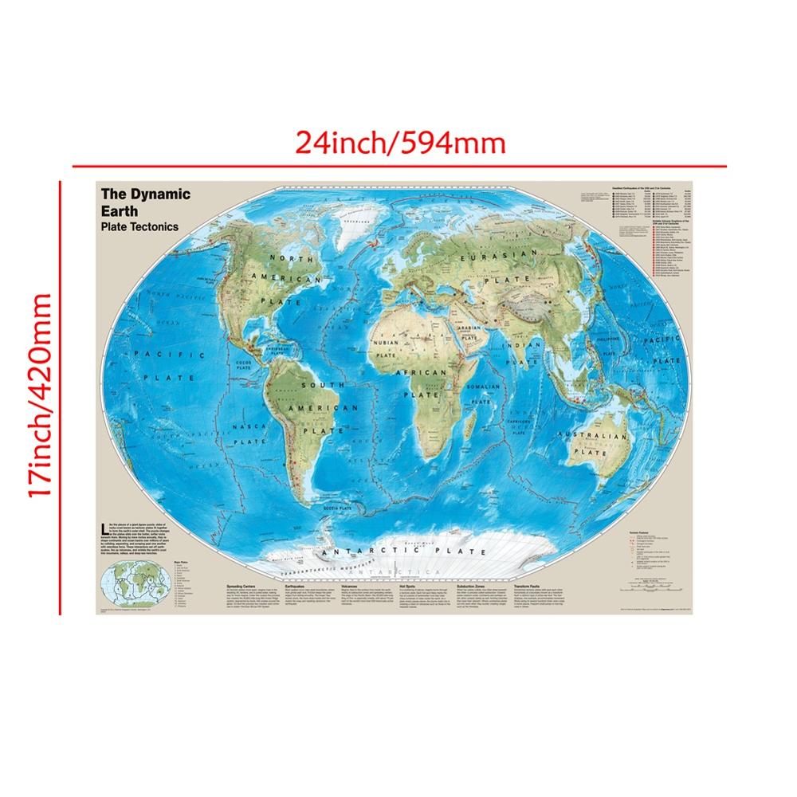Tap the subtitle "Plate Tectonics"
[x=139, y=226]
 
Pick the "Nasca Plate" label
[x=248, y=434]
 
